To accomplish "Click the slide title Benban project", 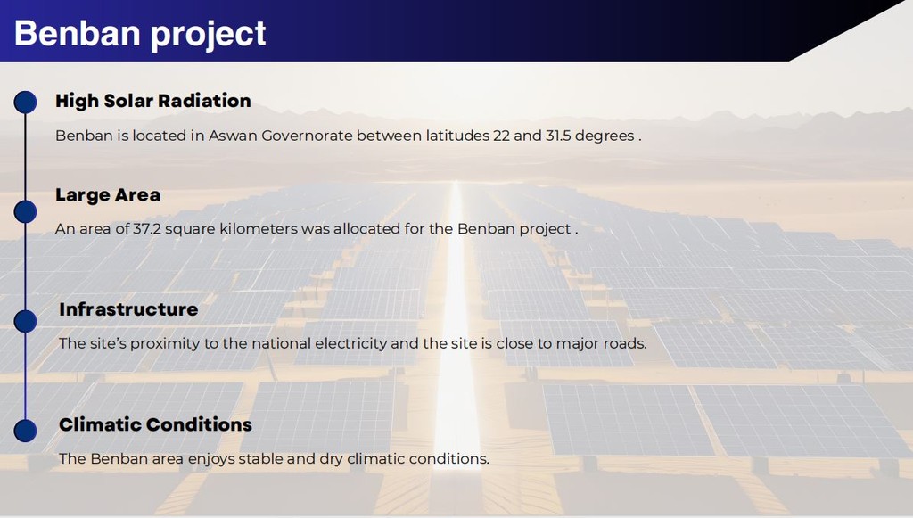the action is click(x=140, y=33).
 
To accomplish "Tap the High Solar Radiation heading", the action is click(x=153, y=101).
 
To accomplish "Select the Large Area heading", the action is click(x=108, y=195).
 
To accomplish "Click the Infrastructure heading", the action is click(x=128, y=309).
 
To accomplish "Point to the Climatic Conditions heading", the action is click(x=155, y=424).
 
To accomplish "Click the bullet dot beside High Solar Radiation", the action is click(x=25, y=102).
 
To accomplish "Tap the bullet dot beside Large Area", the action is click(x=25, y=212).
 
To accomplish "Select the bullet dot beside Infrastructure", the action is click(x=25, y=321).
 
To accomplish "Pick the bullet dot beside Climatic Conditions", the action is click(x=25, y=431).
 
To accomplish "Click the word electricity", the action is click(x=351, y=343).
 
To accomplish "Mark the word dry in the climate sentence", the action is click(x=332, y=459).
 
